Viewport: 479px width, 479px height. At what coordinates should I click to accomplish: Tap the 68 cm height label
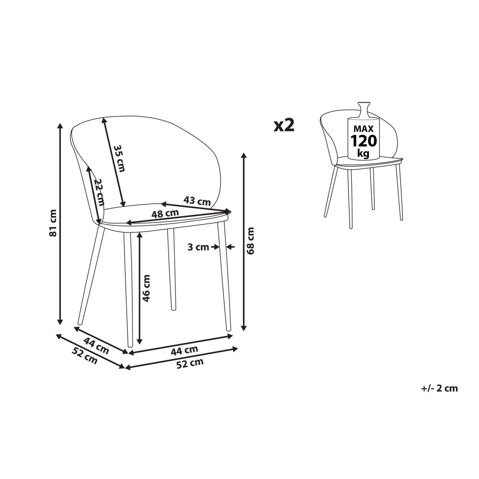(251, 240)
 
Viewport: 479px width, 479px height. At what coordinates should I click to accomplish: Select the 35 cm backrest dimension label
(119, 158)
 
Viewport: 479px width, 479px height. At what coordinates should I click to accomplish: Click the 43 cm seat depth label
(197, 201)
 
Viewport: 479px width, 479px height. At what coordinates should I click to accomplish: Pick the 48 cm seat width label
(165, 214)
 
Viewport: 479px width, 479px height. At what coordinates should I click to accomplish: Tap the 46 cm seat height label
(146, 288)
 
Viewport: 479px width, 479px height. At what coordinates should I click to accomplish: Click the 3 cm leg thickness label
(198, 247)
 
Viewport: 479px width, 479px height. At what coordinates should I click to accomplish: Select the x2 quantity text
(284, 125)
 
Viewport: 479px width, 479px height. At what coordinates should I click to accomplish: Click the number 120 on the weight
(363, 141)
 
